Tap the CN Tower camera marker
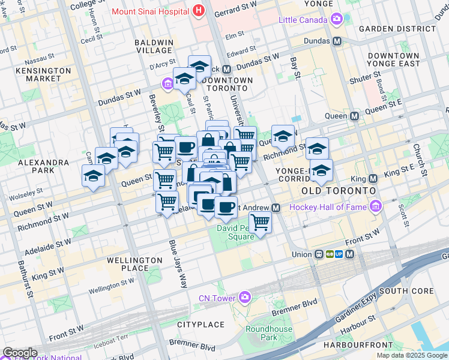245,297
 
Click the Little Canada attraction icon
336,20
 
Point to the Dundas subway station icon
337,41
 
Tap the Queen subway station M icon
354,116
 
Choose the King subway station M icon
373,179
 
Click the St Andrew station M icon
276,208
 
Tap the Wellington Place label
134,265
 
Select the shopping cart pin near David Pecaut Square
260,222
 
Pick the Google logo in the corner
20,352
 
